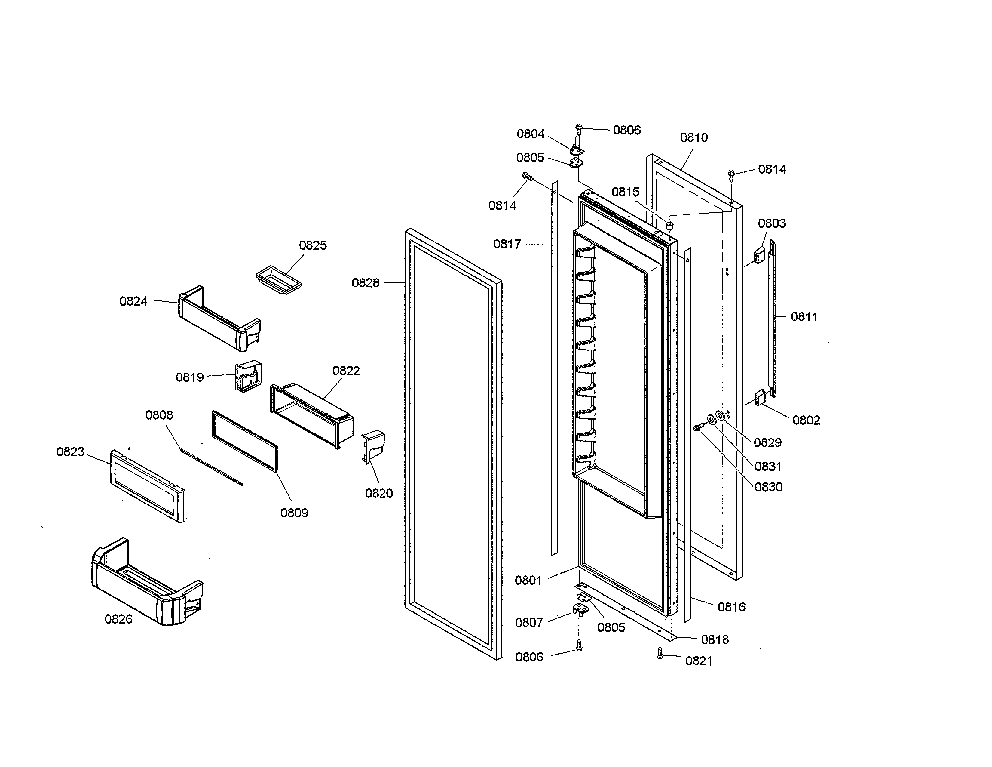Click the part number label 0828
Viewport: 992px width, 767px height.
(x=365, y=283)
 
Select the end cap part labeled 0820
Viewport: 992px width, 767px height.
(x=372, y=448)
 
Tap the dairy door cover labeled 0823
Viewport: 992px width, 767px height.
(x=148, y=486)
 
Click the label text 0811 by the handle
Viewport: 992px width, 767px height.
(x=804, y=317)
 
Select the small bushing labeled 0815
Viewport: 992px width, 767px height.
(x=669, y=225)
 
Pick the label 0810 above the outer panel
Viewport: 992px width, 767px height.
(x=693, y=138)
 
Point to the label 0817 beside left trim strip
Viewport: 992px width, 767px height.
(x=507, y=245)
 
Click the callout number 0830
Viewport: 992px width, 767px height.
(x=768, y=487)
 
